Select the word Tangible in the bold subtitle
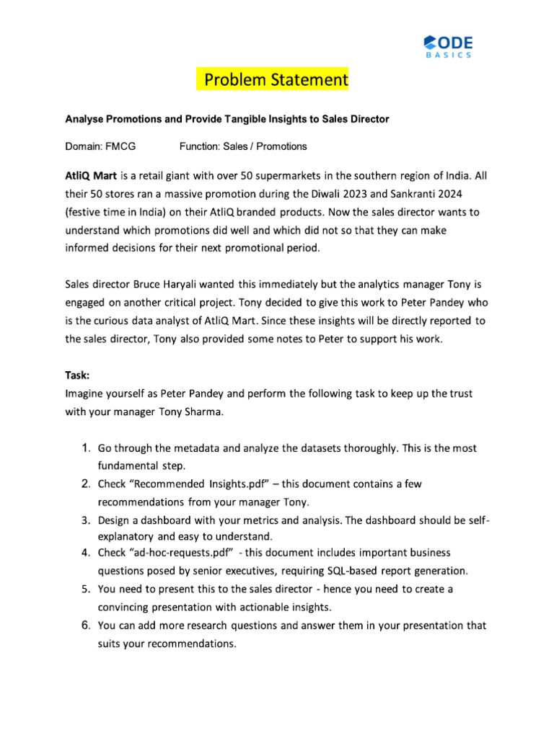tap(239, 119)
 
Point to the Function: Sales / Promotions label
tap(242, 146)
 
